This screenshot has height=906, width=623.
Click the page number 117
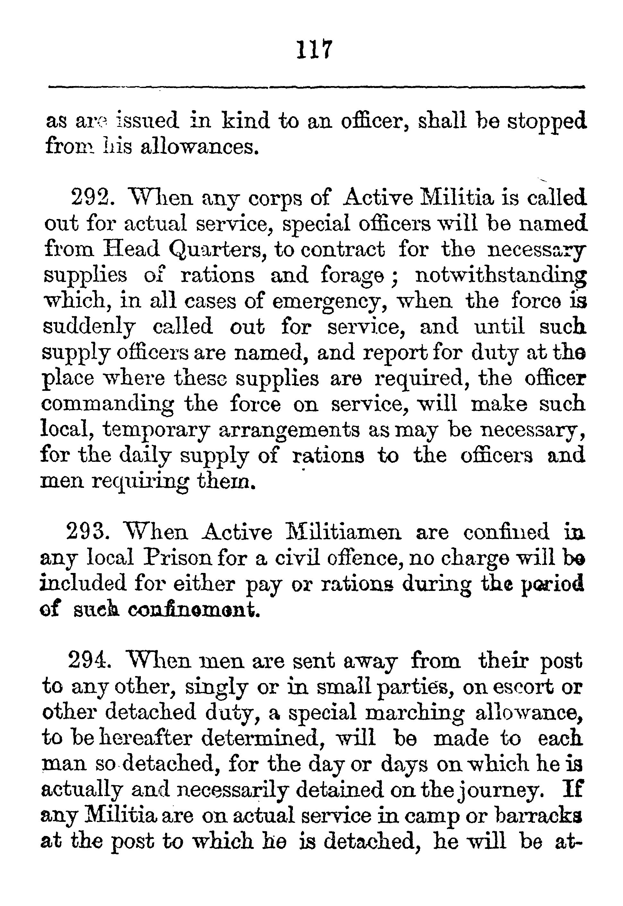pos(314,49)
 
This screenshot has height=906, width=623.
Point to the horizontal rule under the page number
pos(316,87)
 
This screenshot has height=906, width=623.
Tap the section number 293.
pos(87,532)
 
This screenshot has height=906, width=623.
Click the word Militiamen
pos(344,532)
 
